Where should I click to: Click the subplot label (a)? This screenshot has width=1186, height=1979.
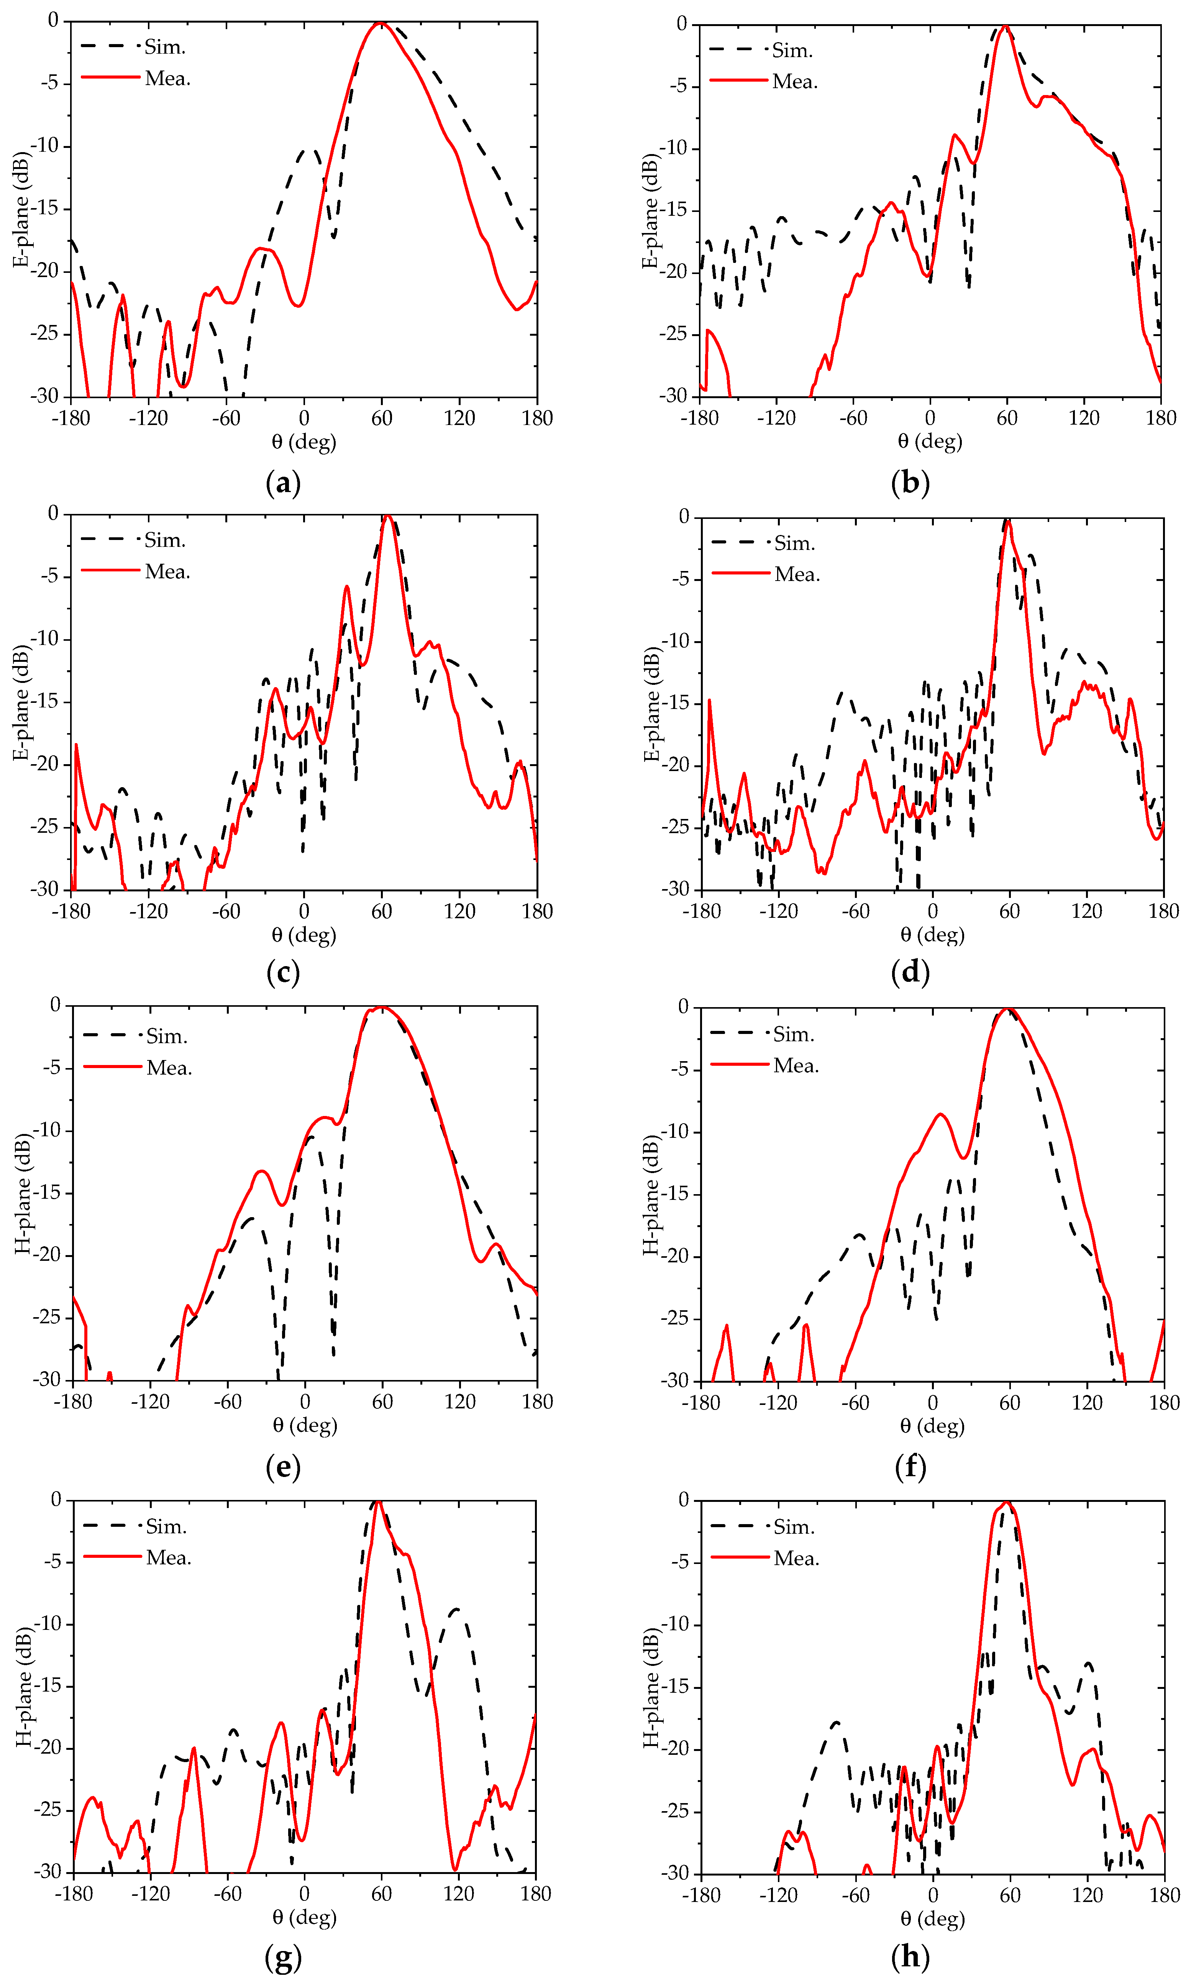click(x=283, y=484)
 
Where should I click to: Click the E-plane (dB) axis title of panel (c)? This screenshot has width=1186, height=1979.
click(x=21, y=702)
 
